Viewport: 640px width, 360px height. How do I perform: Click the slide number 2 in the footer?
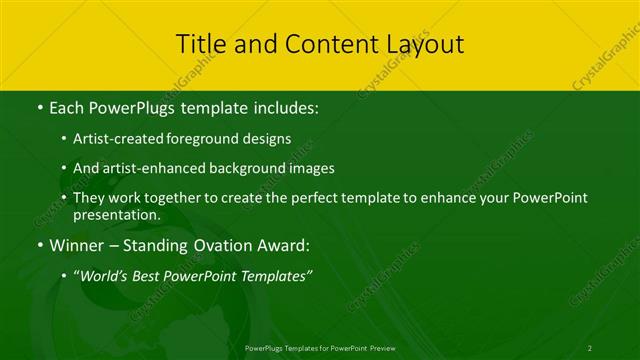pyautogui.click(x=590, y=347)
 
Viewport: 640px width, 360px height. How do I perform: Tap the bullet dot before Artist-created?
pyautogui.click(x=64, y=139)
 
